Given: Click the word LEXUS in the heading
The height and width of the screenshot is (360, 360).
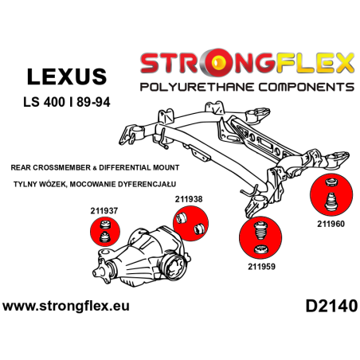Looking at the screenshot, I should [x=66, y=76].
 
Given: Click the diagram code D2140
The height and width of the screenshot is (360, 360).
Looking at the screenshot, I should [x=328, y=306].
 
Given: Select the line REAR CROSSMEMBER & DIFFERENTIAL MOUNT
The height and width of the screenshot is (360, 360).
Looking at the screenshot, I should [x=96, y=168].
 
